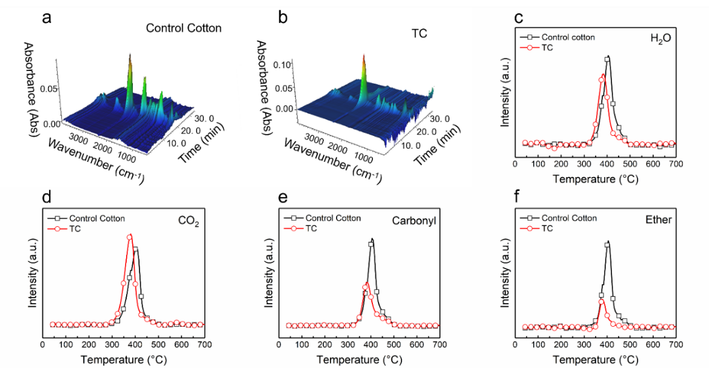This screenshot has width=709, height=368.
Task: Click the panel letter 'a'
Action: [46, 18]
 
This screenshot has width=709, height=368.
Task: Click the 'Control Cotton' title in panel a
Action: [183, 28]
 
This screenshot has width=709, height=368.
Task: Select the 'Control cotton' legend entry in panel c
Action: [568, 37]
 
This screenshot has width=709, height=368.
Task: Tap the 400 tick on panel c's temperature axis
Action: [607, 164]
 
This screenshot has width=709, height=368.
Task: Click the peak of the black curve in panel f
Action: [607, 243]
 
